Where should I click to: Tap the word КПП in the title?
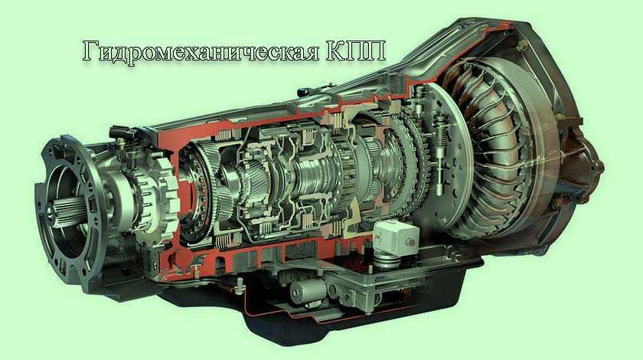(x=356, y=51)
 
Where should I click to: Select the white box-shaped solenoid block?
(x=397, y=238)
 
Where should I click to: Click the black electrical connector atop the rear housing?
(x=122, y=133)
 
